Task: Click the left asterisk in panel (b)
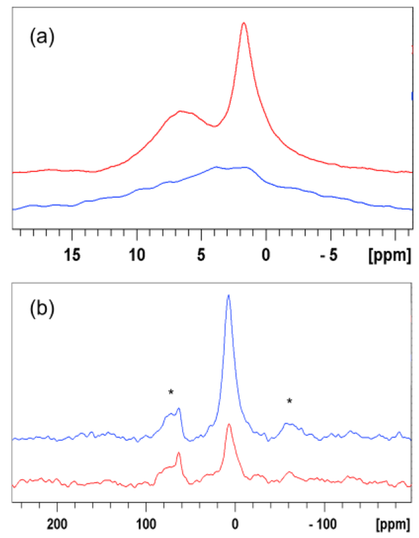170,393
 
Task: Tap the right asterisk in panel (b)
289,401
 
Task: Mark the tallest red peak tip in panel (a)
244,23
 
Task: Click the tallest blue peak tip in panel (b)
228,296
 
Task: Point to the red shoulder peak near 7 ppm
181,111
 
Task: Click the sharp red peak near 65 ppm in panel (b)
179,453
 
